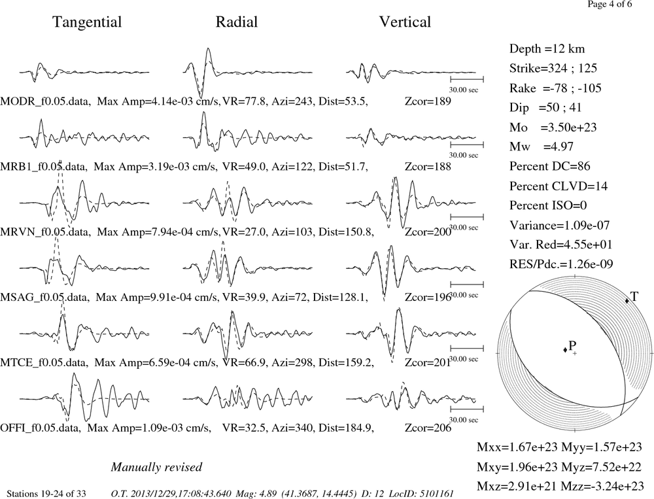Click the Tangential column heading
click(x=87, y=22)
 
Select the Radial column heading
click(x=237, y=22)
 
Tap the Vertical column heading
click(x=405, y=22)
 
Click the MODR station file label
click(x=45, y=101)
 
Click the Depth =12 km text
click(x=547, y=49)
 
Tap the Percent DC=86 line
click(x=550, y=166)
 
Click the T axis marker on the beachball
click(x=627, y=301)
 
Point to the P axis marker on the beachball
click(x=565, y=350)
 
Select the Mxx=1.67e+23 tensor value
click(x=517, y=447)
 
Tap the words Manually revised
click(x=156, y=467)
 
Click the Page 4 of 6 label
click(x=610, y=4)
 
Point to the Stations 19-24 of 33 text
click(x=46, y=494)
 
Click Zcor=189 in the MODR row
click(x=428, y=101)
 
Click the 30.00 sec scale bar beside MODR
click(x=467, y=79)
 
